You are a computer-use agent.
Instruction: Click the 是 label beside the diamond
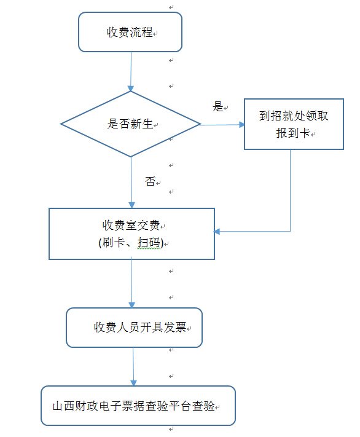218,106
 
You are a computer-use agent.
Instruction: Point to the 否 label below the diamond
150,181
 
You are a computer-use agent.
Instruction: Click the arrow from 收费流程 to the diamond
131,72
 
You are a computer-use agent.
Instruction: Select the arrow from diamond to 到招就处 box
222,125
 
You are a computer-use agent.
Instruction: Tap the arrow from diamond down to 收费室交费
131,183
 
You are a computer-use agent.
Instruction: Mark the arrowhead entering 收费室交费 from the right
217,231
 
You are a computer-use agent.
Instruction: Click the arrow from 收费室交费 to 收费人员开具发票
131,284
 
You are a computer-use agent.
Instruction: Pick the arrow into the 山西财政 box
133,367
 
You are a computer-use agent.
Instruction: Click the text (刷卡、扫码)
131,243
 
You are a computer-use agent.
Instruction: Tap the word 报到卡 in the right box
293,133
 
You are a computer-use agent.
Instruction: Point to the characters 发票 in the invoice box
174,327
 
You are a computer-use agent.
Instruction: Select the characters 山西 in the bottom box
64,406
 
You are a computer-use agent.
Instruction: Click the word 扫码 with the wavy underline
149,243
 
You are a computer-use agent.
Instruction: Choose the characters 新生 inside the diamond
142,124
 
